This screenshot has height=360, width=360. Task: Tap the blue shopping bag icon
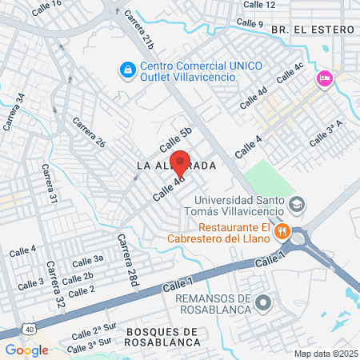coord(127,70)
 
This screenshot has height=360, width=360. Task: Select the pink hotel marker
coord(324,78)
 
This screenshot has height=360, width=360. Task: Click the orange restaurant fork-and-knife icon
coord(281,232)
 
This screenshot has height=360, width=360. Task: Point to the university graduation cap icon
coord(297,205)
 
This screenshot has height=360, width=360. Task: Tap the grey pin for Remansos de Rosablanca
coord(264,303)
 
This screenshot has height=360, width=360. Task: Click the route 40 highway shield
coord(29,329)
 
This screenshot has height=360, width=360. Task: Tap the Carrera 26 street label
coord(89,133)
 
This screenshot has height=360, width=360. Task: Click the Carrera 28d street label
coord(128,260)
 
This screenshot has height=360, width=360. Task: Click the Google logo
coord(26,350)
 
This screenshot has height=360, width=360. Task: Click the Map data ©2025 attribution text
coord(325,354)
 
